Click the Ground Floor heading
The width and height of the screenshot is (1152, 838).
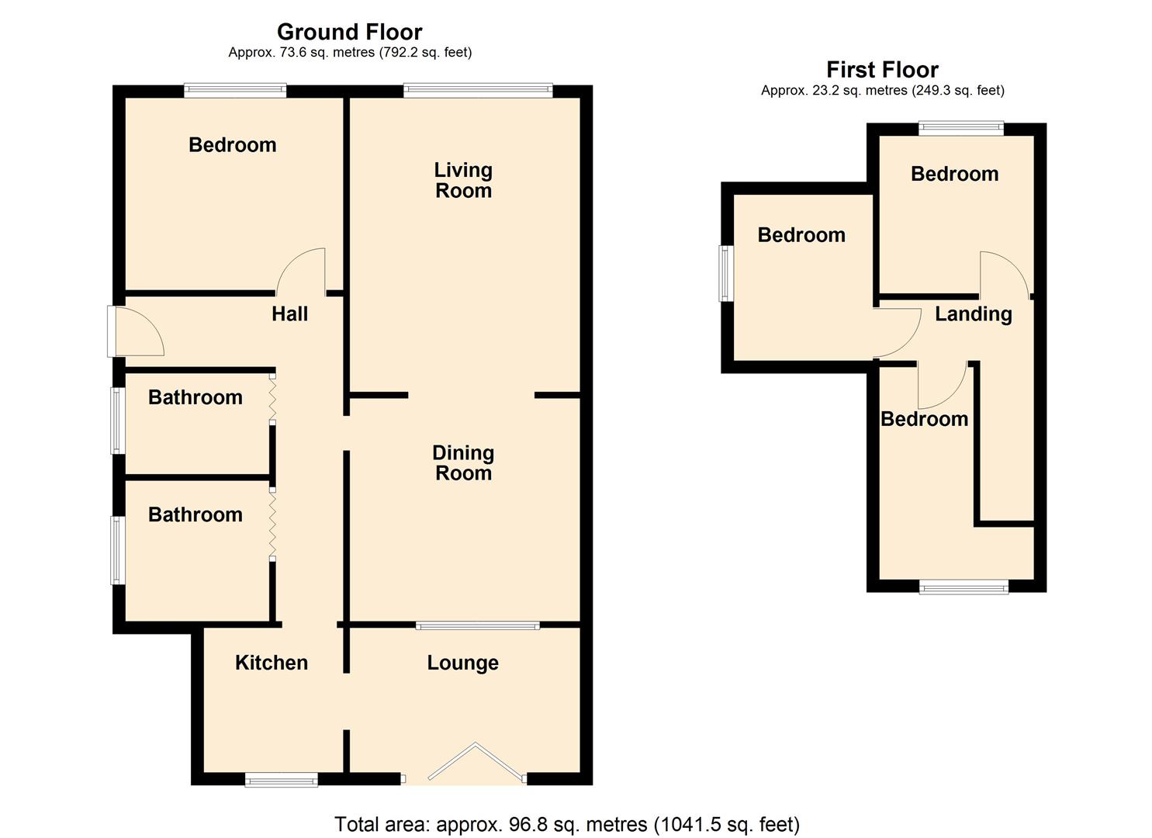(x=349, y=32)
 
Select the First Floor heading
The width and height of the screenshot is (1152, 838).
(x=882, y=70)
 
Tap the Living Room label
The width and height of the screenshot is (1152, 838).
(x=463, y=180)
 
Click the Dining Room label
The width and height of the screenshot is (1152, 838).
(x=463, y=462)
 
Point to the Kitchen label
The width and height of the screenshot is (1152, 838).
(x=272, y=663)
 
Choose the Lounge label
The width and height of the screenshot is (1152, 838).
(x=462, y=663)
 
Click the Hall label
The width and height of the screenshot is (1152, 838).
(x=289, y=313)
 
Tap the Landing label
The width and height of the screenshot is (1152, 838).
(x=973, y=313)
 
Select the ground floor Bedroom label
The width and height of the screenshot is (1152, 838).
(x=232, y=145)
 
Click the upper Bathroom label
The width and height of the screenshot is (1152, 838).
(x=195, y=397)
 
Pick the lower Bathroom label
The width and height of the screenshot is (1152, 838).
(x=195, y=514)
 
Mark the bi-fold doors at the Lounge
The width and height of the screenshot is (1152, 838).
(x=476, y=764)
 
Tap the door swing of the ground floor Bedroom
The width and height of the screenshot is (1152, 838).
(x=303, y=272)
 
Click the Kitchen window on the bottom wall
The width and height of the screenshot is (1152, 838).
(x=281, y=779)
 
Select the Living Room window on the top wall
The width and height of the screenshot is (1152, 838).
(x=477, y=91)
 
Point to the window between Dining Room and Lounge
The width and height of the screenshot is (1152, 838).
(x=477, y=625)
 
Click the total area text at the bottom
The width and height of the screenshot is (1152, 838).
(x=566, y=824)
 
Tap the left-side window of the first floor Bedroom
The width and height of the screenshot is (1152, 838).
(x=725, y=273)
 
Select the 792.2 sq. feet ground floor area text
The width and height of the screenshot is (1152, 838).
(x=425, y=53)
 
